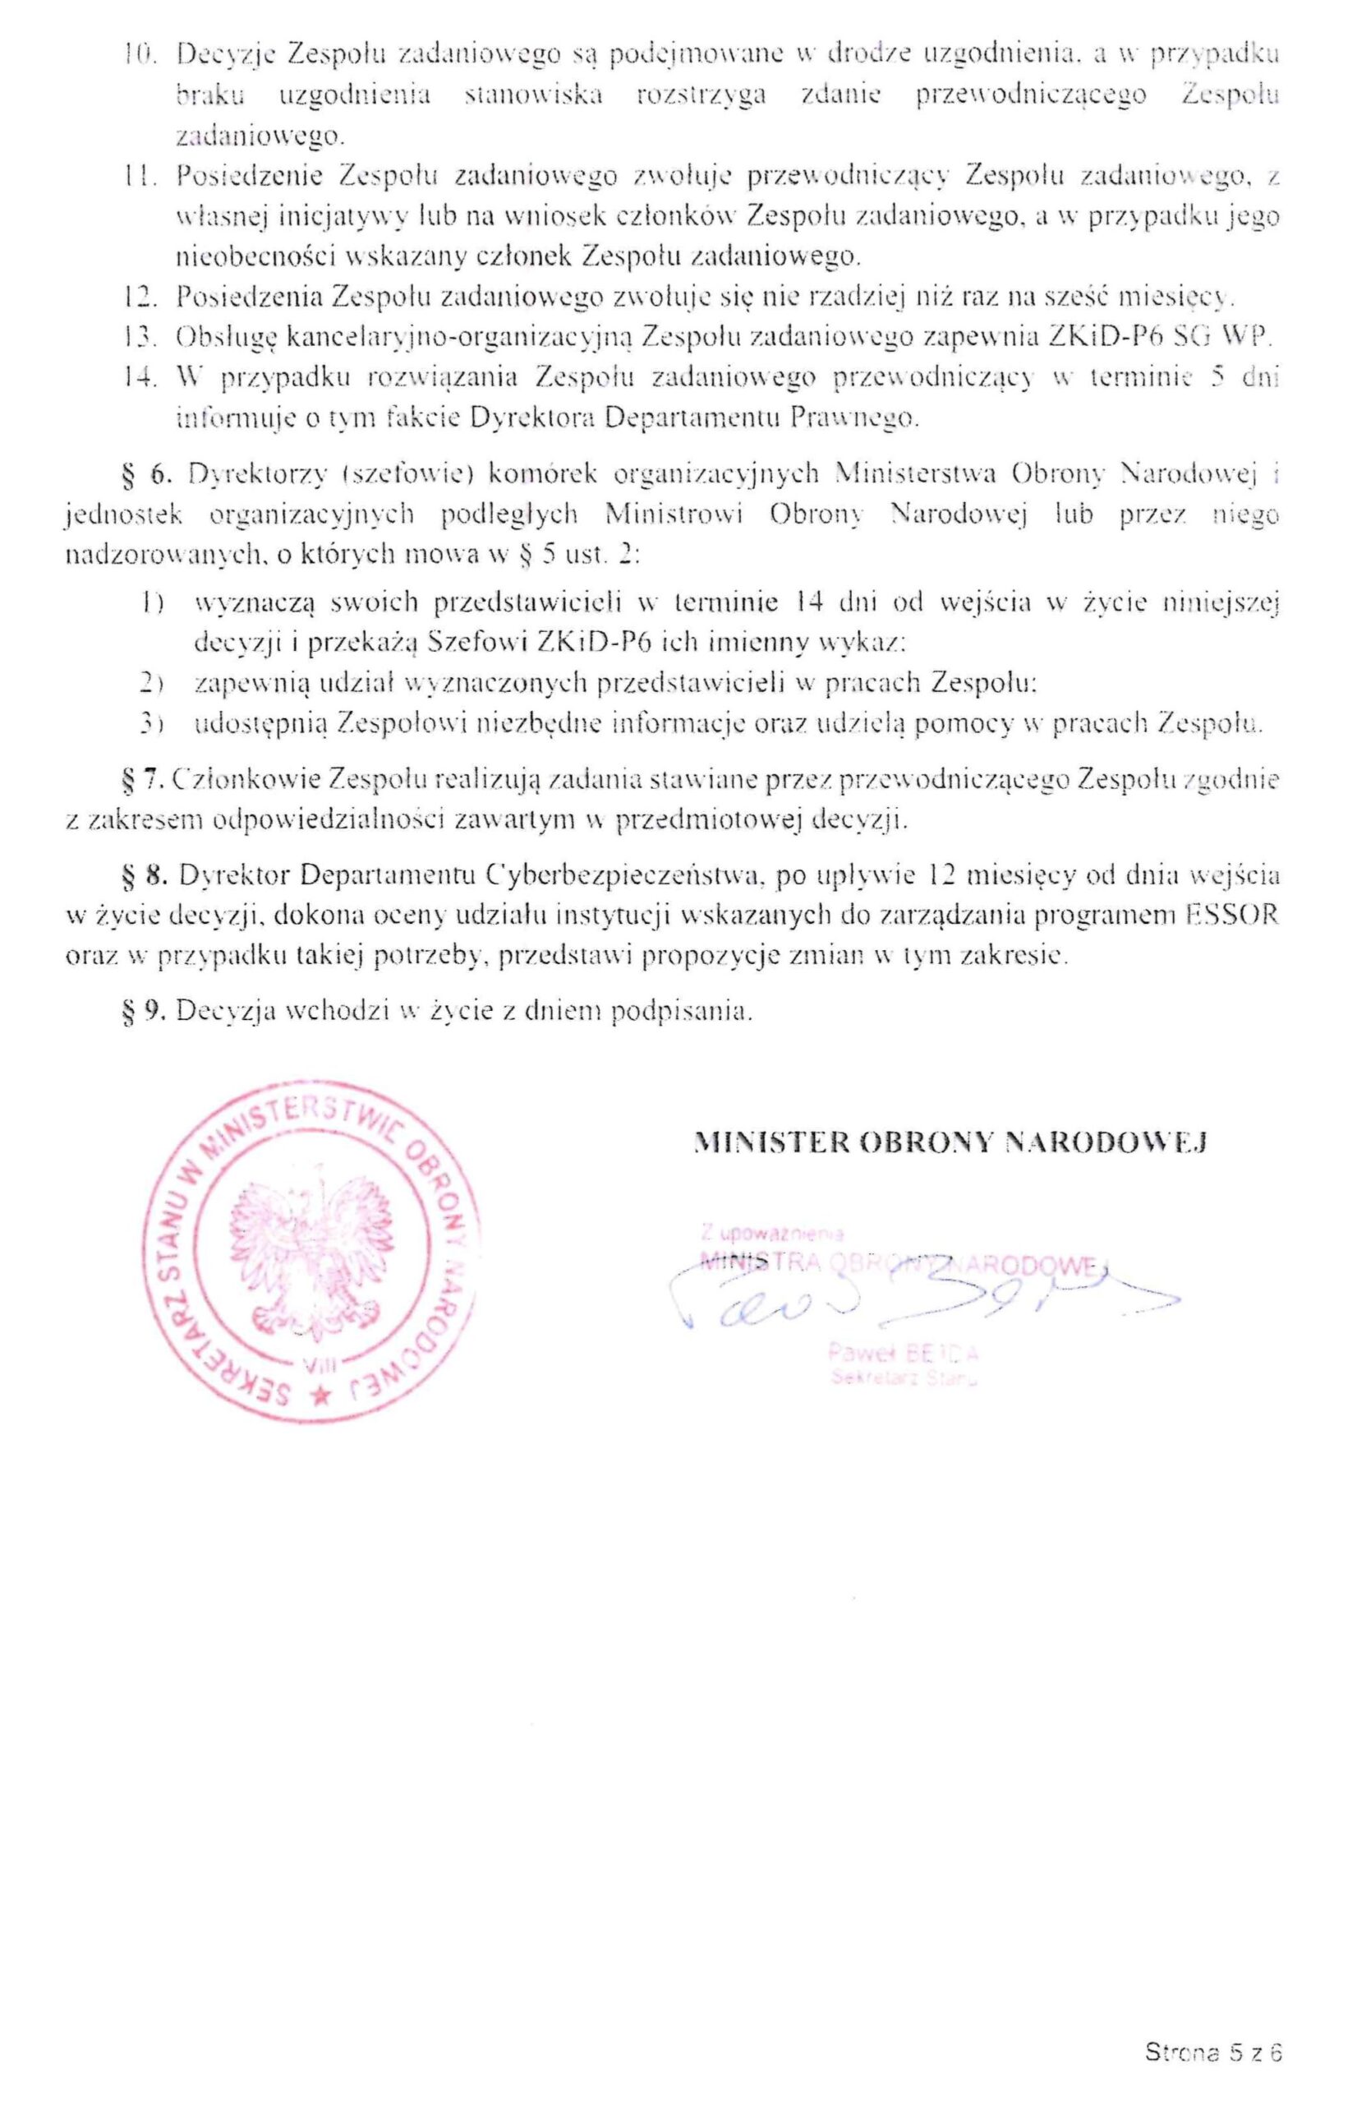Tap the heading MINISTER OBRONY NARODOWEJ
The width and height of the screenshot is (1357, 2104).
tap(950, 1142)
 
